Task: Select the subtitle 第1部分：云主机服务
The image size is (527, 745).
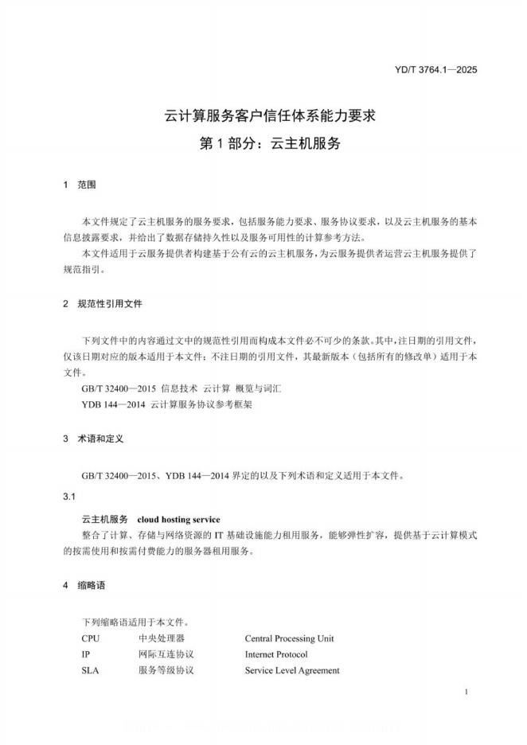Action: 263,144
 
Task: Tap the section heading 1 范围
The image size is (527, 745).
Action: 80,185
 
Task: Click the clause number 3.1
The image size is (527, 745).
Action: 69,497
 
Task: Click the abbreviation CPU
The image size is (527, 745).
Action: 91,638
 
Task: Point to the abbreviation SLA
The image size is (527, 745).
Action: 90,670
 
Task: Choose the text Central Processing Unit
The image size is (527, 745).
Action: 289,638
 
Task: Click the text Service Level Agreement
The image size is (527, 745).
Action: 292,670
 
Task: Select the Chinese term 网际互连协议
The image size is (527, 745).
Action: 166,654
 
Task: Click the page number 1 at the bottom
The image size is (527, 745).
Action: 465,693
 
